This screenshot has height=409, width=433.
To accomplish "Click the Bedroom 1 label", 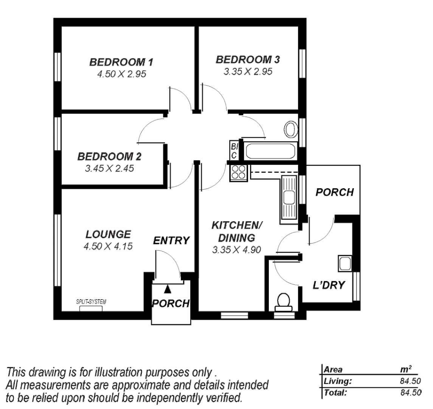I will point(121,62).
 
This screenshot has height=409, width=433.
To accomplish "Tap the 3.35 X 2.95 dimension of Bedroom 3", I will point(248,72).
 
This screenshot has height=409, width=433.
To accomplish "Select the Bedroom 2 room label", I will point(109,156).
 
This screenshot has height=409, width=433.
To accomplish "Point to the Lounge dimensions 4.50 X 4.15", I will point(108,247).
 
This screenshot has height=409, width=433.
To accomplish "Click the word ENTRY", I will point(171,240).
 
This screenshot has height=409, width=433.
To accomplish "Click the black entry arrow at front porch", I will point(168,289).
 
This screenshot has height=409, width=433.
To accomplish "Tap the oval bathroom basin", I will point(290,129).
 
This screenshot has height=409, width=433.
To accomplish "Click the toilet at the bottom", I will point(284,301).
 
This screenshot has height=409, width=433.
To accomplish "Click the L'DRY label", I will point(329,285).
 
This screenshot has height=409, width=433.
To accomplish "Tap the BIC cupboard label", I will point(234,151).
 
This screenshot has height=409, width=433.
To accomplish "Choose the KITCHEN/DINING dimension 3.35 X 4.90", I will point(237,250).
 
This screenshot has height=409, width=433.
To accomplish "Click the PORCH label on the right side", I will point(335,192).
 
